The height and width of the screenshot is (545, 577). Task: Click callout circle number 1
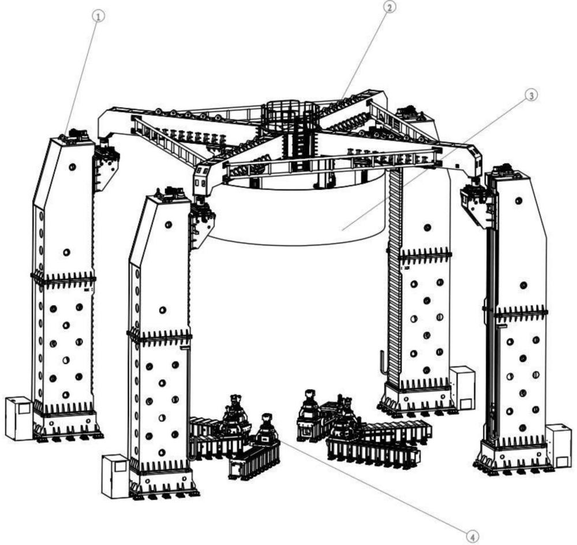99,17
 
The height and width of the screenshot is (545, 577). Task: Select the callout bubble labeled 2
390,7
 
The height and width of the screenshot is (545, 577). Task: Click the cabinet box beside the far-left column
19,418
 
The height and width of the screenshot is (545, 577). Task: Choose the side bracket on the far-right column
477,205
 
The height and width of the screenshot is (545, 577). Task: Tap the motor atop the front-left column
173,193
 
